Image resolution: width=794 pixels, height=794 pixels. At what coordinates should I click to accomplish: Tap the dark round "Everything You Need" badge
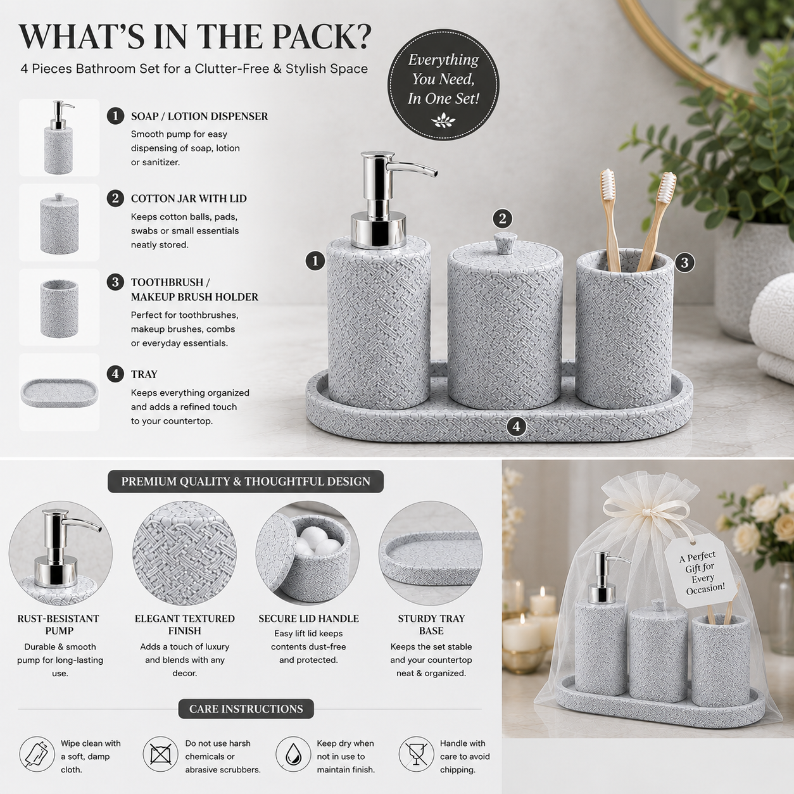coord(443,85)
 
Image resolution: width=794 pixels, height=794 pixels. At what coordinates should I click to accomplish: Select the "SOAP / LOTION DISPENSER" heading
coord(199,117)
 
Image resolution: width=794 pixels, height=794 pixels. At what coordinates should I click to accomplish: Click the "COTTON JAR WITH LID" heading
coord(189,199)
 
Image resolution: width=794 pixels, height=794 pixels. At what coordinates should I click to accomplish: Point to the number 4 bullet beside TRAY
coord(115,374)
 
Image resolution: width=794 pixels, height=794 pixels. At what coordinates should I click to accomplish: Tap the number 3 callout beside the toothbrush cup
coord(684,263)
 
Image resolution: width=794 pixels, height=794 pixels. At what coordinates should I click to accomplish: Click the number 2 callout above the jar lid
coord(502,218)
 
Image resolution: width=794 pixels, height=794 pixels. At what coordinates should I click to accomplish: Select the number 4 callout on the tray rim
coord(516,427)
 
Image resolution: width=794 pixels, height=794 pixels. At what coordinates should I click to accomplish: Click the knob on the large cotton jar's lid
coord(505,243)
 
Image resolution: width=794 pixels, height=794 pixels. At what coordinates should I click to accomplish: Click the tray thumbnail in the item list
coord(60,393)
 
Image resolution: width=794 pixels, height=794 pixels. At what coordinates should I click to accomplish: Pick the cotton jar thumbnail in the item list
coord(60,223)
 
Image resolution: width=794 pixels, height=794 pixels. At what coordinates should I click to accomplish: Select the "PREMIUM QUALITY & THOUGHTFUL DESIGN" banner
coord(246,481)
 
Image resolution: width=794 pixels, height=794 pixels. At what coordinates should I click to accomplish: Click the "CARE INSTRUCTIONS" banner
coord(246,709)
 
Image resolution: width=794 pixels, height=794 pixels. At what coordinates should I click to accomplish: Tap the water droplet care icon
coord(293,754)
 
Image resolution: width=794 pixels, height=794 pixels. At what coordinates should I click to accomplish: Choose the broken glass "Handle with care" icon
coord(417,754)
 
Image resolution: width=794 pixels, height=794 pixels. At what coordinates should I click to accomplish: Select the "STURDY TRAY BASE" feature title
coord(431,624)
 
